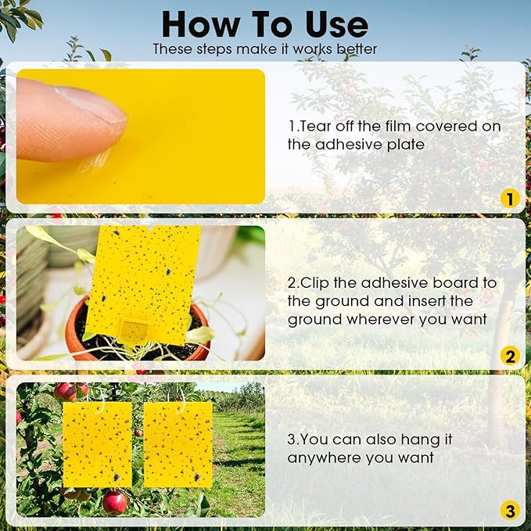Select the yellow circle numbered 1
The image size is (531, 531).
(x=510, y=199)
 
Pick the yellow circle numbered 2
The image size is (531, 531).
(x=510, y=357)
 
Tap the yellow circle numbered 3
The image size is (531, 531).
(x=510, y=512)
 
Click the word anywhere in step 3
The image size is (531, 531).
(x=321, y=458)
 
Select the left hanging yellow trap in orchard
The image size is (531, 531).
(x=97, y=444)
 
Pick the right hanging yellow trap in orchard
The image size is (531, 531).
(x=178, y=444)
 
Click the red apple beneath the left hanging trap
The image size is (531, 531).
(x=114, y=501)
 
